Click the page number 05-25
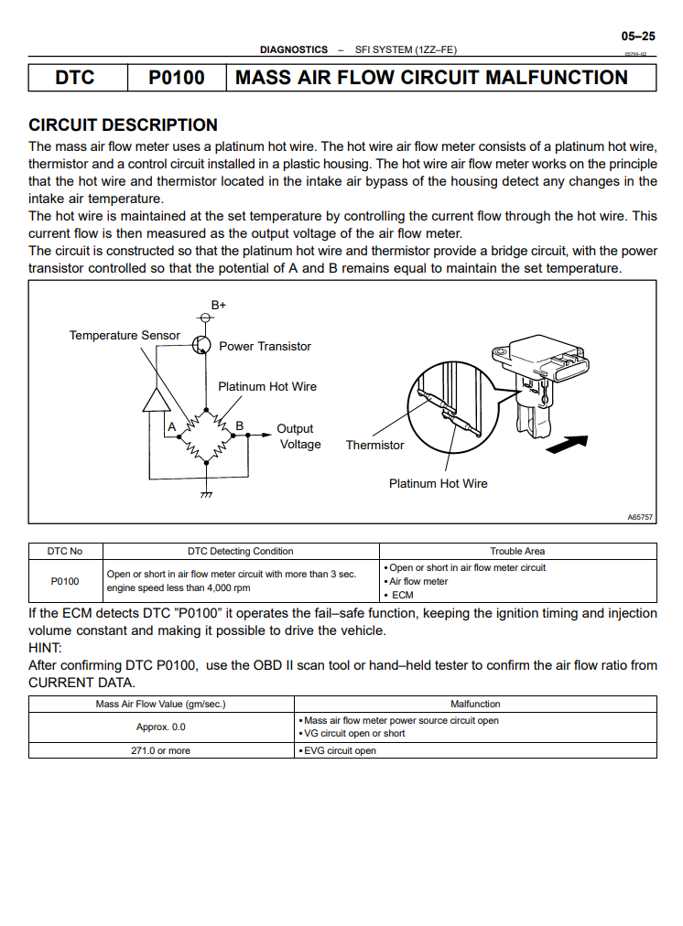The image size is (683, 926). pos(638,37)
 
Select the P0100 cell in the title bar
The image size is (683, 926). pos(177,78)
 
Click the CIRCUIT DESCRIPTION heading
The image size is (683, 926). pos(124,125)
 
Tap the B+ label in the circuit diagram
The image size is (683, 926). pos(219,304)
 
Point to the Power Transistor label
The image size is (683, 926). pos(265,346)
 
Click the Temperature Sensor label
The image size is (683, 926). pos(125,335)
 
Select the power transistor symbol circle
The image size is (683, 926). pos(202,344)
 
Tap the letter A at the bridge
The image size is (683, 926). pos(171,426)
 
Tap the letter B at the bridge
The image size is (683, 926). pos(239,425)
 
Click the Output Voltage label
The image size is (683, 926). pos(298,436)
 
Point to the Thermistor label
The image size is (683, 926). pos(374,445)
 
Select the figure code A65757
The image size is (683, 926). pos(640,517)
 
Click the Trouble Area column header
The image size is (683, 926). pos(517,551)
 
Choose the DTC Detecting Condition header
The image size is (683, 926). pos(241,551)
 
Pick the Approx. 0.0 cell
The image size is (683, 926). pos(160,727)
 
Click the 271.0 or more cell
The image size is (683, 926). pos(160,750)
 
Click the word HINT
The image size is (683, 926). pos(45,648)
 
